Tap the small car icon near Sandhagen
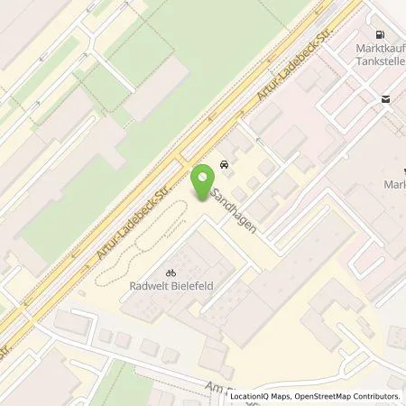(222, 167)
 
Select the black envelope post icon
(386, 100)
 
